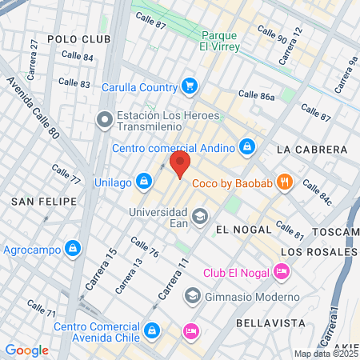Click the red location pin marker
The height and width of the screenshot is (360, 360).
coord(181,166)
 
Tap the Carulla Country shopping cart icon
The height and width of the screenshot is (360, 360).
coord(189,86)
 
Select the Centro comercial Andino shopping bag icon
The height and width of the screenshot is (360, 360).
coord(248,147)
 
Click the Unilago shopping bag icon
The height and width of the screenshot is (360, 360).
coord(142,181)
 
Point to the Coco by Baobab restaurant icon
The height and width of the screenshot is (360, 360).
coord(284,181)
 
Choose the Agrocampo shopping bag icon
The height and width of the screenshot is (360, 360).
coord(73,249)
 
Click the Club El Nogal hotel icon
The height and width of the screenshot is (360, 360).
coord(282,272)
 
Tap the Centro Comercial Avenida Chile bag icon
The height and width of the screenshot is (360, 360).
coord(151,330)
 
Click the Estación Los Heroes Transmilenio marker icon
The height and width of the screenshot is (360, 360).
coord(104,121)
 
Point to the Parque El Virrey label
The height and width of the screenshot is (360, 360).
coord(231,42)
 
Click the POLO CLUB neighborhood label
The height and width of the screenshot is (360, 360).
coord(78,38)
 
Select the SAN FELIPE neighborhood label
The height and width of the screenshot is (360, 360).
coord(43,201)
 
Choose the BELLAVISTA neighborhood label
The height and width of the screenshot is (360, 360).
coord(272,322)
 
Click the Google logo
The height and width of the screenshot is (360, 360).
coord(26,350)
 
